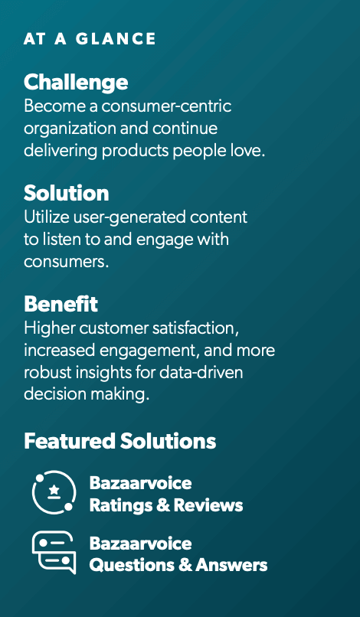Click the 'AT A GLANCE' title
[90, 38]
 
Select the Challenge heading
[76, 82]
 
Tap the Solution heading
[66, 193]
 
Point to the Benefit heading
[61, 304]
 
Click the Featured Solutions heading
[119, 441]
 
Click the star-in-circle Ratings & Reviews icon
[54, 492]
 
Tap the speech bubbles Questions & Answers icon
[54, 553]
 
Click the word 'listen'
[65, 240]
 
